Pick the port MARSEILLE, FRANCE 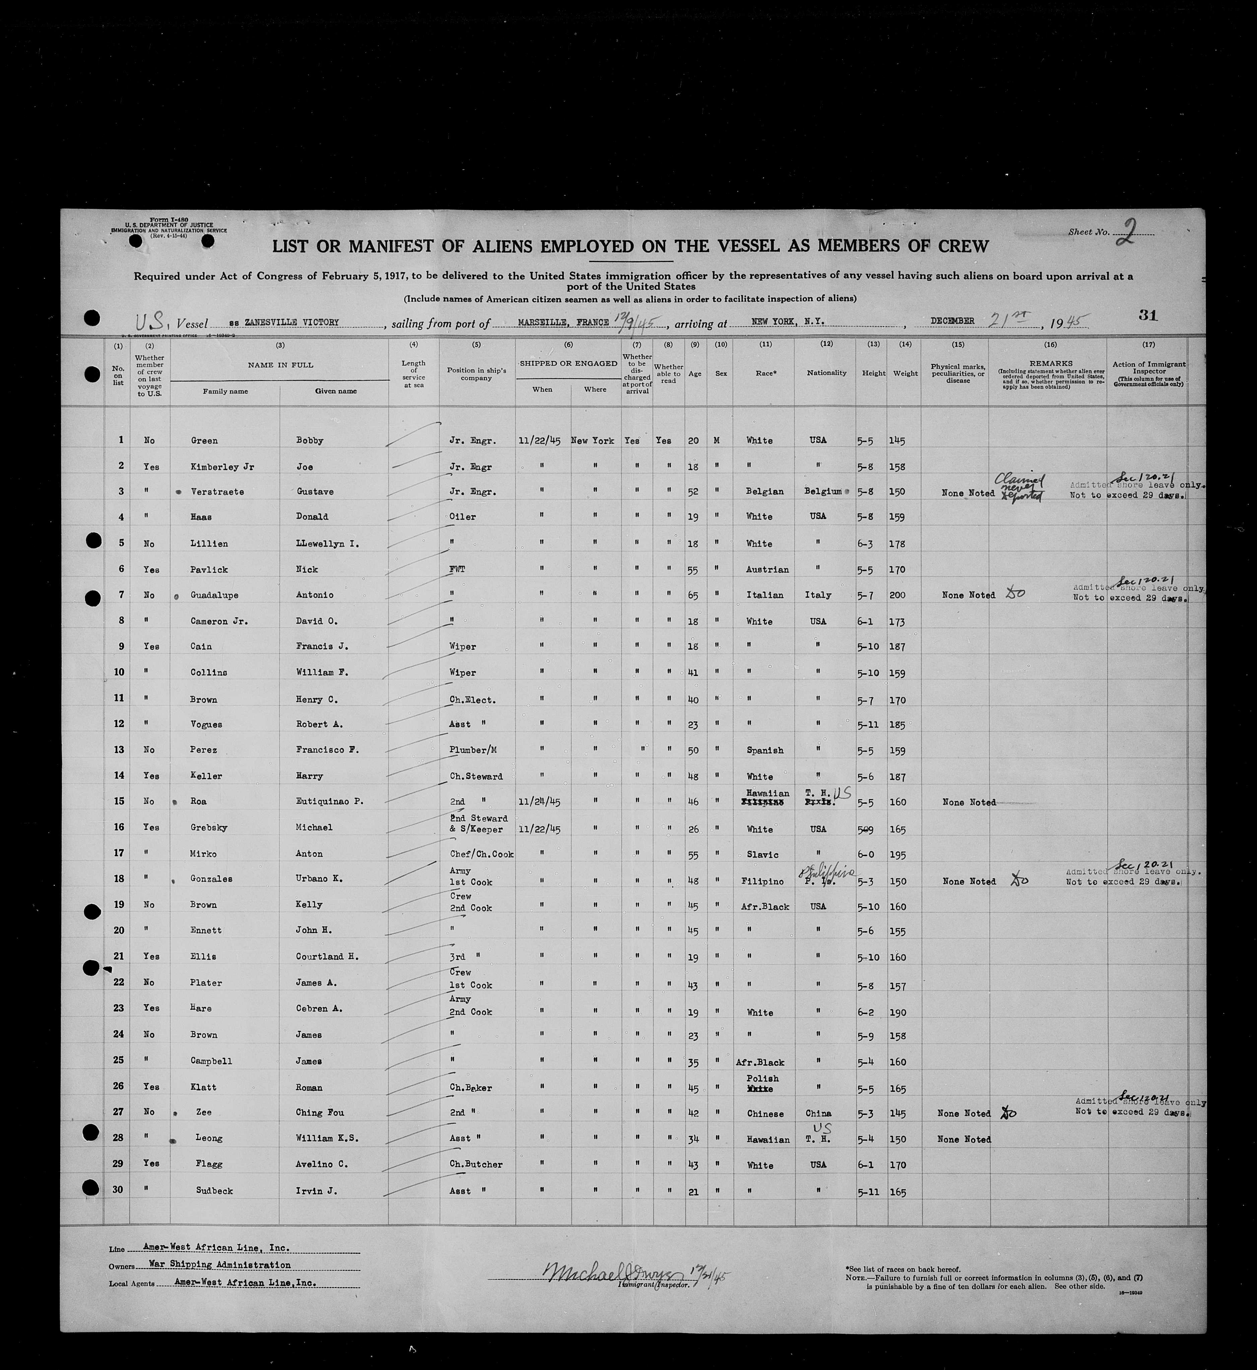pyautogui.click(x=563, y=322)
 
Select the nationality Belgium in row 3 pyautogui.click(x=823, y=492)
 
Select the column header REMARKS pyautogui.click(x=1050, y=364)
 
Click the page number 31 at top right pyautogui.click(x=1147, y=315)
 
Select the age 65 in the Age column pyautogui.click(x=693, y=595)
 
